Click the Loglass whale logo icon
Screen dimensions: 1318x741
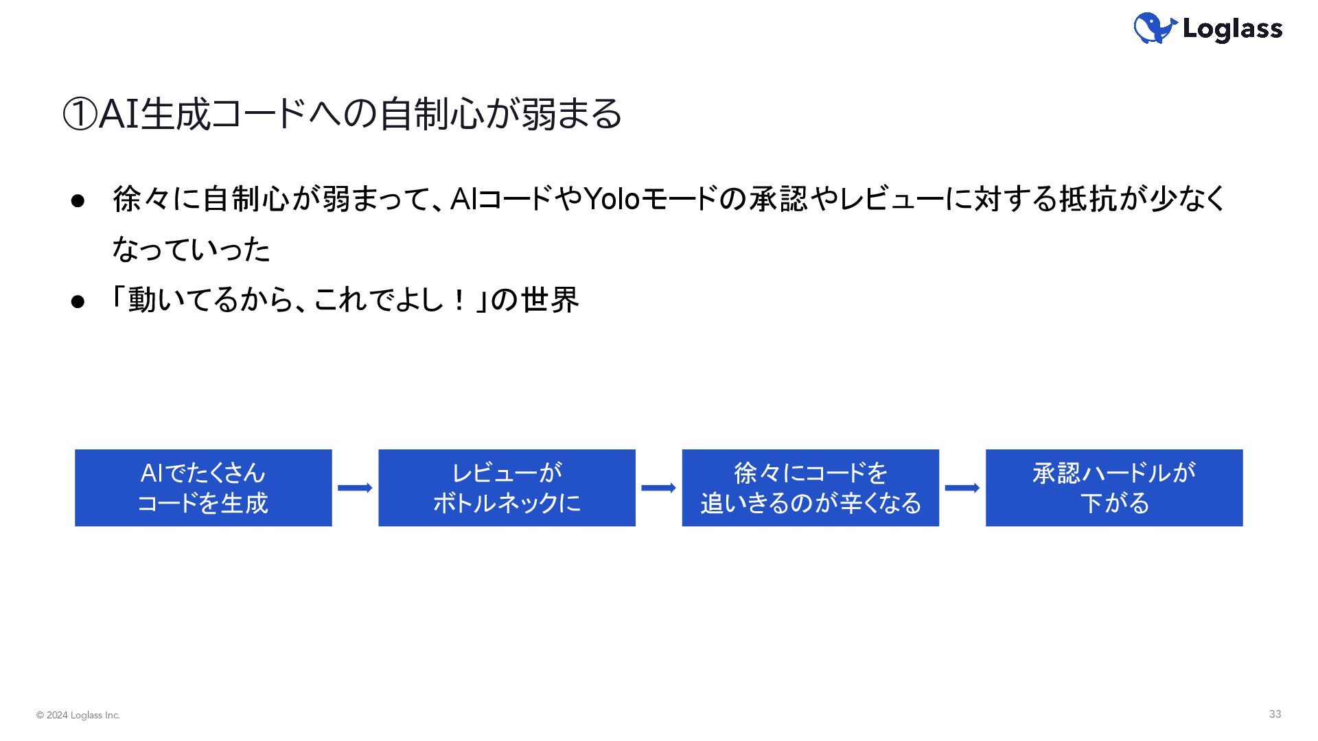pos(1155,28)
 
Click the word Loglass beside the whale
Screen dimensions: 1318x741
pos(1232,29)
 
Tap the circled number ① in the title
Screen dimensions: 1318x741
pos(80,114)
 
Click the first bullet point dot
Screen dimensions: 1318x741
pos(78,200)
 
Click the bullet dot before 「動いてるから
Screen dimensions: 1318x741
pos(78,301)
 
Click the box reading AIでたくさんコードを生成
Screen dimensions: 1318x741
pos(203,488)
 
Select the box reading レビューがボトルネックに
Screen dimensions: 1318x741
pos(507,488)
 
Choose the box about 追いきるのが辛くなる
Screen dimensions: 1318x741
pos(810,488)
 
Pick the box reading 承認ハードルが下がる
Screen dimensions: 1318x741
pos(1114,488)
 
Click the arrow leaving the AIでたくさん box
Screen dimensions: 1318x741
pos(355,488)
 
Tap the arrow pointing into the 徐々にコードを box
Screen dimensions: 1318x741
pos(658,488)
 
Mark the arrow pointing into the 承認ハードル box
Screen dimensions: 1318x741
pos(962,488)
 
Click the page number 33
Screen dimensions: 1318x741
pos(1275,714)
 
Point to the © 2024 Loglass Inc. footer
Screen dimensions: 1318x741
pos(78,716)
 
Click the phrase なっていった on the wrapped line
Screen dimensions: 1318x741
pos(192,250)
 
